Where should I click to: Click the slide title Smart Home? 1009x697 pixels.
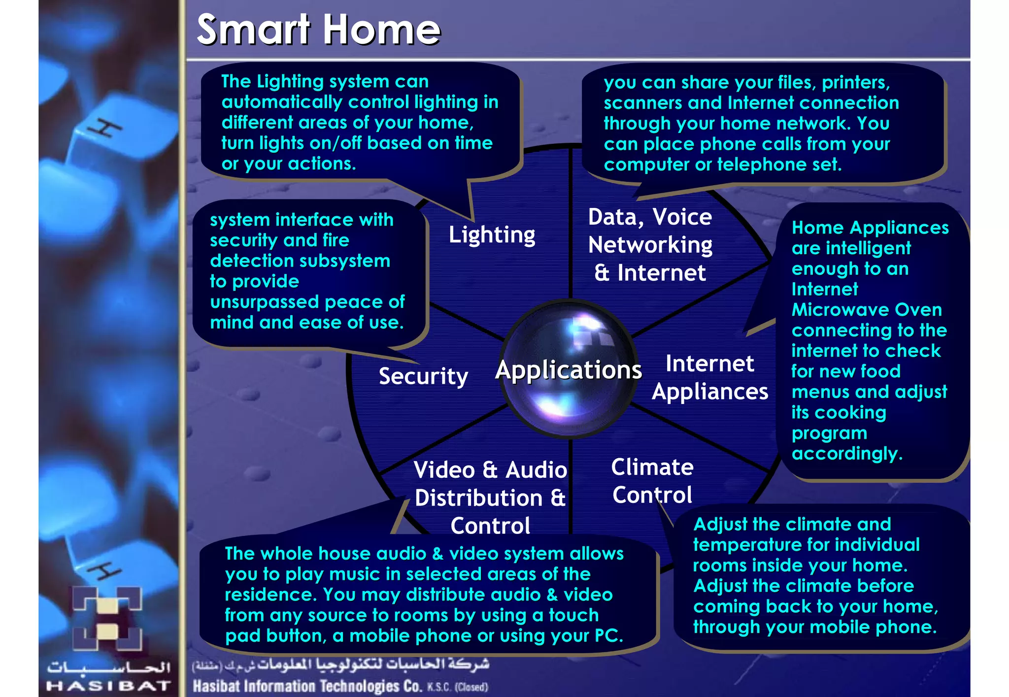pos(318,30)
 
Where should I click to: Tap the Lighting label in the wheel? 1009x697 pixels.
pos(492,235)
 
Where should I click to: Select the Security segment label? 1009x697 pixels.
pos(423,376)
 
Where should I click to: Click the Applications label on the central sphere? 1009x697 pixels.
pos(569,369)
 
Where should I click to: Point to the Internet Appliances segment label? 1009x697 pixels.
pos(709,377)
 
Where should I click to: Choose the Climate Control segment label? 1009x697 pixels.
pos(652,481)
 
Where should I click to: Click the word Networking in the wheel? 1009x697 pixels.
pos(650,245)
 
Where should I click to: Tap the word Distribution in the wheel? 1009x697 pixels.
pos(478,498)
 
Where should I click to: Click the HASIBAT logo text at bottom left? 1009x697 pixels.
pos(108,686)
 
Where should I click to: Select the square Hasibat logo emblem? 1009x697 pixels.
pos(108,618)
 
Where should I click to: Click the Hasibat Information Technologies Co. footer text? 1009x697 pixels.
pos(307,686)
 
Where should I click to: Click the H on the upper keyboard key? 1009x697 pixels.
pos(104,129)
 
